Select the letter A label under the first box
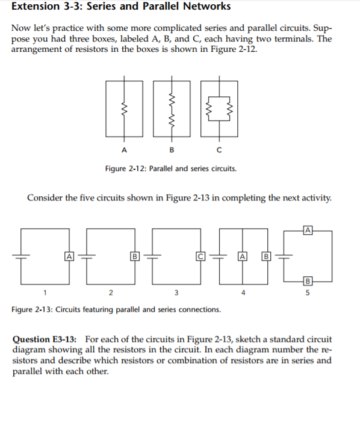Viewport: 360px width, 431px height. tap(124, 149)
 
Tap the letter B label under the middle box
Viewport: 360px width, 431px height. tap(172, 149)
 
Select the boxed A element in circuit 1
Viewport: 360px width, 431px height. tap(70, 256)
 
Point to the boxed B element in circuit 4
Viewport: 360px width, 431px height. tap(265, 256)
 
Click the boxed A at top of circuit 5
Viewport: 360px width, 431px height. tap(308, 229)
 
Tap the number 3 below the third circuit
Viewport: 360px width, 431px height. tap(175, 293)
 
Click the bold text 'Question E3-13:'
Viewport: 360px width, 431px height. tap(48, 340)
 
